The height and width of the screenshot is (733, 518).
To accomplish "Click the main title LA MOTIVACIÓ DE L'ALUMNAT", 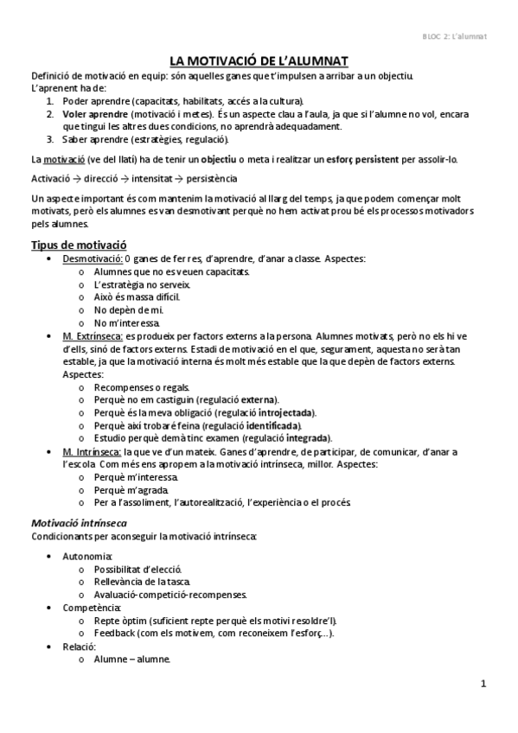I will tap(259, 61).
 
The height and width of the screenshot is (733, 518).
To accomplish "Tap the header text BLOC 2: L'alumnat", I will tap(455, 35).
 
